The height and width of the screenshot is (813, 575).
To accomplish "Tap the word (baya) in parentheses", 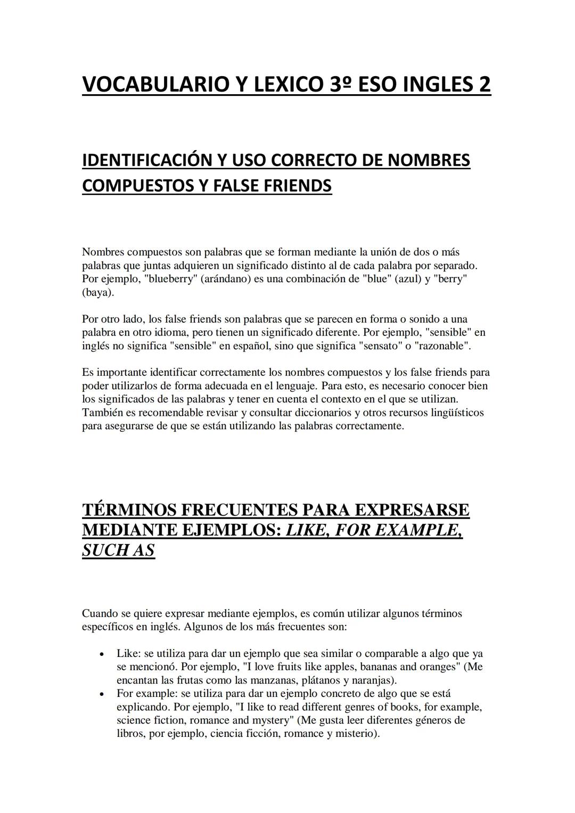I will [x=97, y=292].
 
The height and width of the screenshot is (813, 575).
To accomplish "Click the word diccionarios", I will [x=269, y=412].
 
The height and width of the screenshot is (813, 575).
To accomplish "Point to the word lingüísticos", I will [x=454, y=412].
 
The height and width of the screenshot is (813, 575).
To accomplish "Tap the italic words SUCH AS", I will [x=118, y=550].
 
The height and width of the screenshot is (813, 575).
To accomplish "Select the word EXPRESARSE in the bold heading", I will [x=412, y=510].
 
